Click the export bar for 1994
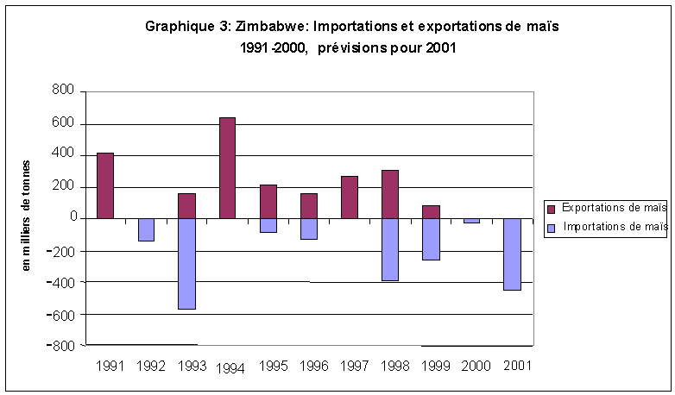(x=227, y=168)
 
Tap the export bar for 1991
(x=105, y=185)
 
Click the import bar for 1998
(x=390, y=249)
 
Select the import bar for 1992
(x=146, y=229)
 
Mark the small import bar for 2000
(x=471, y=221)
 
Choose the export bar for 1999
(x=431, y=212)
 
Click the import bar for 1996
(x=309, y=229)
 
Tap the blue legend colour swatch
(x=552, y=228)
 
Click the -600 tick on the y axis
(x=63, y=314)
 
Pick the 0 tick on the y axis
(x=73, y=219)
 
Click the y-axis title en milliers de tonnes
(x=26, y=216)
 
